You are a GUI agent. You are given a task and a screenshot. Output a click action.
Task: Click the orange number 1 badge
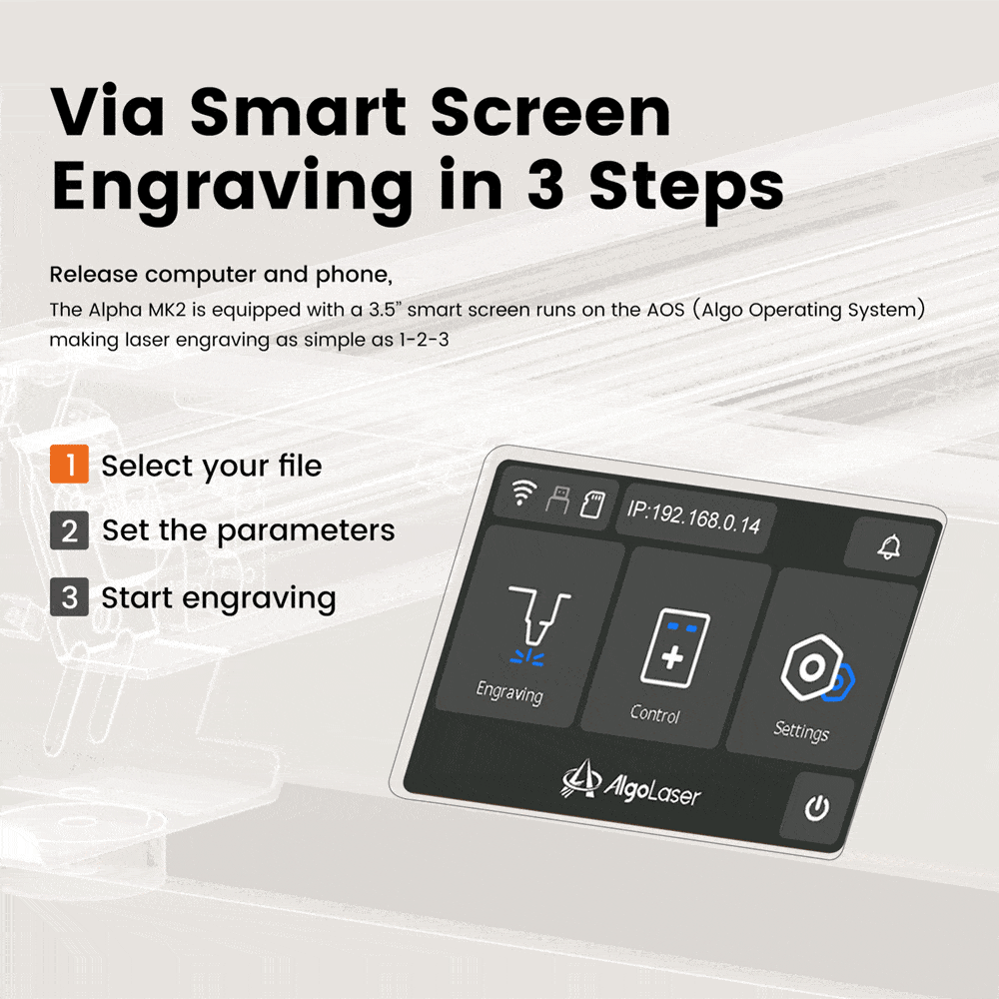tap(69, 464)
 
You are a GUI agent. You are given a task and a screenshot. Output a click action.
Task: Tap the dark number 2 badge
tap(69, 530)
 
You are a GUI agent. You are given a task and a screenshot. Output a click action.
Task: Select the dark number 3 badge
tap(69, 597)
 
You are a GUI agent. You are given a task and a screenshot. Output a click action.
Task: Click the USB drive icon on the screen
tap(558, 499)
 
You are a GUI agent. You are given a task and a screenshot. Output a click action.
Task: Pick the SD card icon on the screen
tap(592, 503)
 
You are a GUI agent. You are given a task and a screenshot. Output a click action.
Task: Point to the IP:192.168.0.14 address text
tap(694, 517)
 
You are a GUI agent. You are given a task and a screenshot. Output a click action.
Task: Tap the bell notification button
tap(889, 546)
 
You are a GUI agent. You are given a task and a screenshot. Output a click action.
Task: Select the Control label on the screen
tap(655, 714)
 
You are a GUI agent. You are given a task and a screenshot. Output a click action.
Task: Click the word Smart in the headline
tap(298, 112)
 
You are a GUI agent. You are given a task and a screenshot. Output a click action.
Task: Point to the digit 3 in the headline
tap(545, 185)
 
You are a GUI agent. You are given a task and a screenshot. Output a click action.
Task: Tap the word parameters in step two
tap(306, 531)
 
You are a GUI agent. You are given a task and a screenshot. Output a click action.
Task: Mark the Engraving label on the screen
tap(509, 692)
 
